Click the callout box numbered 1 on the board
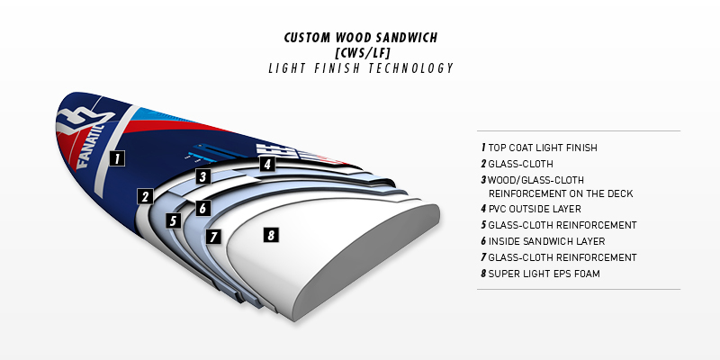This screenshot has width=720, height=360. coord(116,158)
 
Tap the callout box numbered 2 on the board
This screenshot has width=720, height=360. coord(144,196)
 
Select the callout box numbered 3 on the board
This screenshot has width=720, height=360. coord(203,176)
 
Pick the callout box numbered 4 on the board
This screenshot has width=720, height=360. coord(266,164)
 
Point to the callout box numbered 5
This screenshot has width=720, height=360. coord(175,220)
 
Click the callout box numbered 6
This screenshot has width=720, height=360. coord(203,208)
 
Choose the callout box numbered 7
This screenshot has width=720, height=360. coord(212,237)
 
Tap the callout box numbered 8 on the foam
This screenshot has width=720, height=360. coord(270,235)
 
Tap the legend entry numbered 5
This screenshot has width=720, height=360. coord(559,225)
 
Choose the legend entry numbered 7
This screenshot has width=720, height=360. coord(559,257)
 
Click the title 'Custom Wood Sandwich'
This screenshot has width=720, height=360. coord(359,39)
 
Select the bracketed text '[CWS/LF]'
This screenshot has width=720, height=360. coord(359,53)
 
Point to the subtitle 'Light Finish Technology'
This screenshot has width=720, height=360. coord(359,68)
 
